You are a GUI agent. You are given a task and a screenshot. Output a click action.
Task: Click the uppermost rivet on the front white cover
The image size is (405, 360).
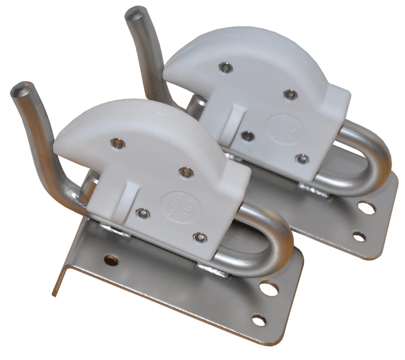click(118, 143)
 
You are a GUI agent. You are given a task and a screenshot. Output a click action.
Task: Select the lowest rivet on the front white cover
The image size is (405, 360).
click(199, 238)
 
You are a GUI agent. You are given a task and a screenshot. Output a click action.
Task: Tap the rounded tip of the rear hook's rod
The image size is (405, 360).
click(134, 13)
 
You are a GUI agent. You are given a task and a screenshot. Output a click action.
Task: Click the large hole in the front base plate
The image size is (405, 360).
click(269, 288)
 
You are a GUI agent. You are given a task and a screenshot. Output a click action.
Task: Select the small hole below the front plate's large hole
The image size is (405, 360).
click(259, 320)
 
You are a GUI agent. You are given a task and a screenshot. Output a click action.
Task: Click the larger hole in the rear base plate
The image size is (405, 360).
click(366, 208)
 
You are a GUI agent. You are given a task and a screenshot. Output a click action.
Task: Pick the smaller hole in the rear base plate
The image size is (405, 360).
click(359, 236)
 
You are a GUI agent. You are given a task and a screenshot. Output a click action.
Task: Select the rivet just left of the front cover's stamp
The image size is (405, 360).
click(143, 213)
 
